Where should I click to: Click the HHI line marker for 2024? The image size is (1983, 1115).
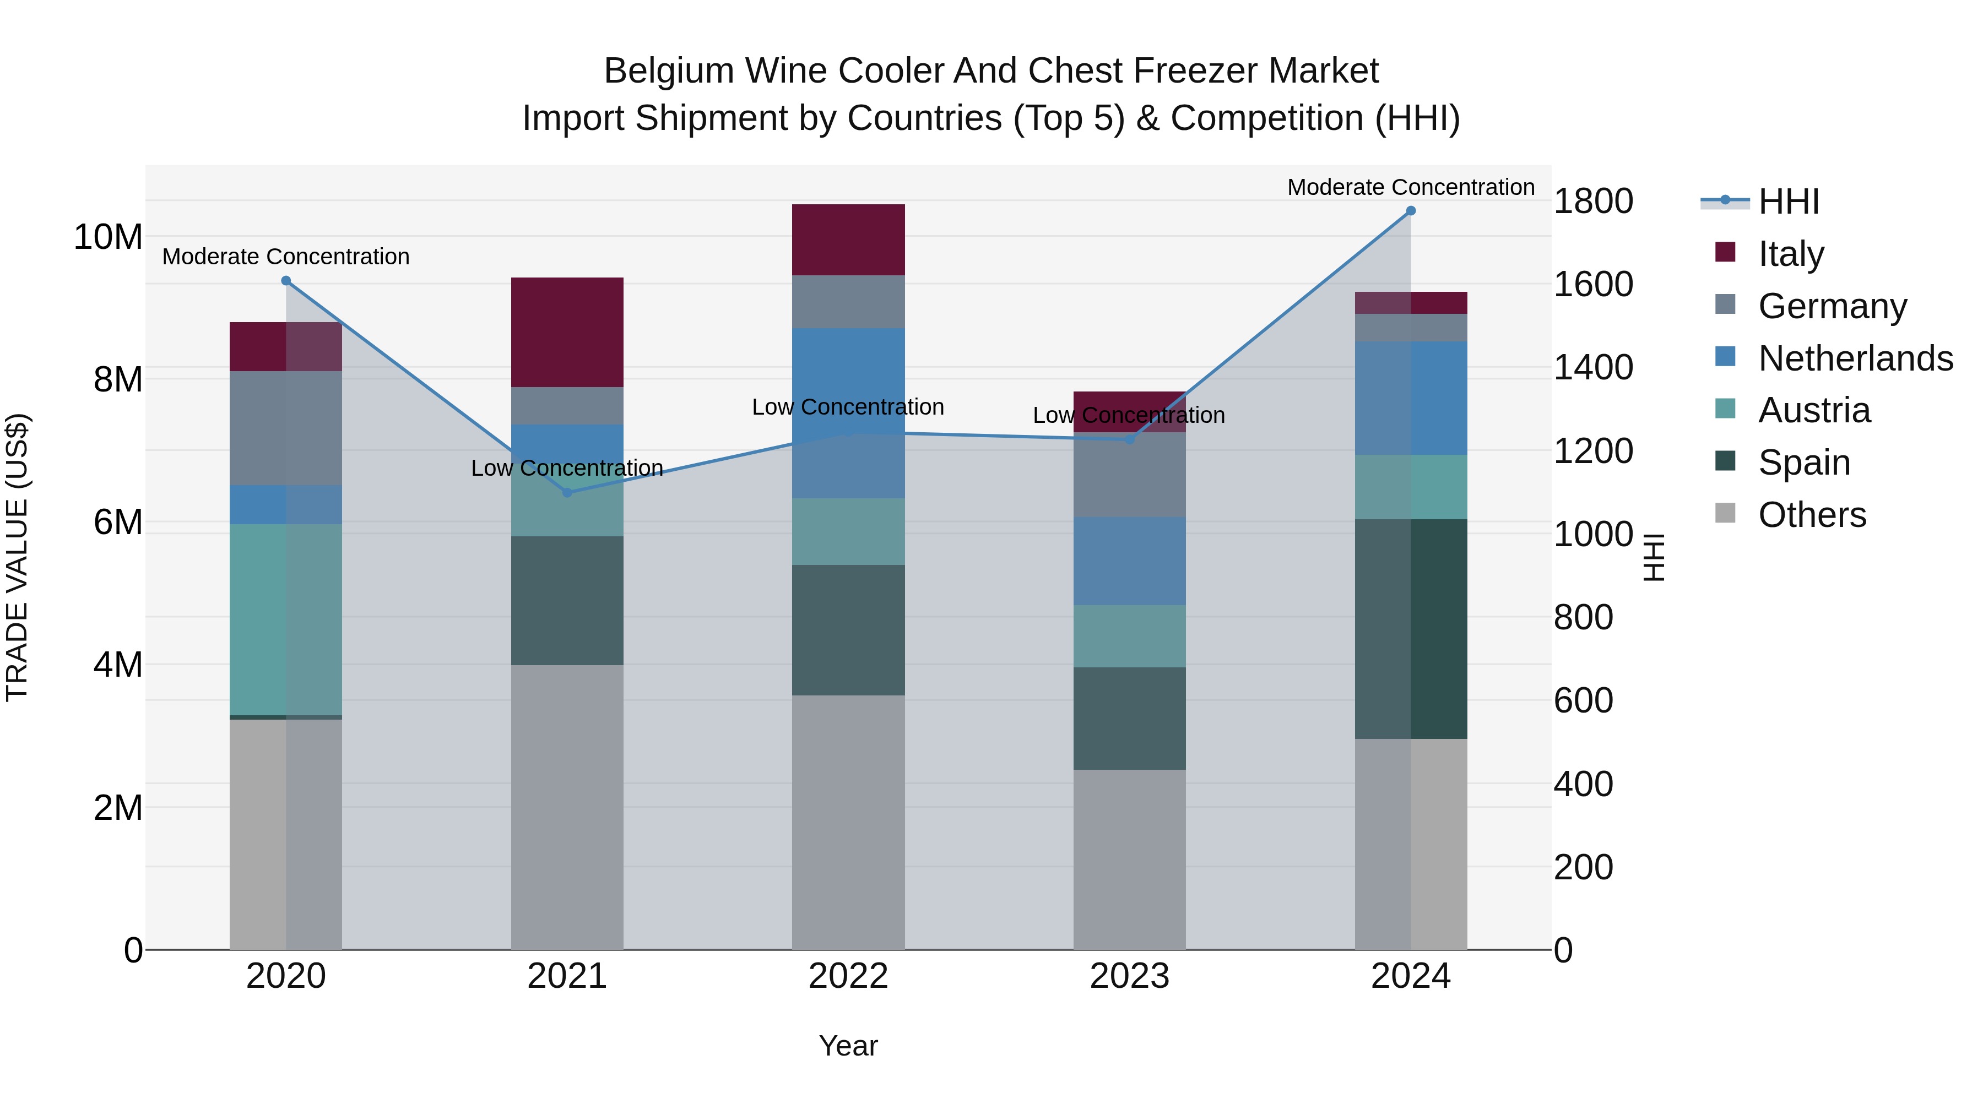point(1410,211)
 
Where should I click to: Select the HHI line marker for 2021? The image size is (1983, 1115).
point(567,492)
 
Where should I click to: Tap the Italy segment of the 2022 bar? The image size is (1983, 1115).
point(848,240)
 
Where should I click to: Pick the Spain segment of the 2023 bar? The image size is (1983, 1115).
point(1129,718)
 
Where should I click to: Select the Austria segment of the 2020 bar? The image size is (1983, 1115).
point(285,619)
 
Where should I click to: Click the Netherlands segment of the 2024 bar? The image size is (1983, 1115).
point(1410,398)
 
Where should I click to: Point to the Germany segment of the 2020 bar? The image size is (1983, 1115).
point(285,428)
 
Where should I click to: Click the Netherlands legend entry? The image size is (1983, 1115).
point(1855,358)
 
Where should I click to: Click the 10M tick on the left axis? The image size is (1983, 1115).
point(108,237)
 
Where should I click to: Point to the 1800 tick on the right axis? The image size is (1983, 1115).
point(1592,201)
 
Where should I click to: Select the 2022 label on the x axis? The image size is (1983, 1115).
point(848,976)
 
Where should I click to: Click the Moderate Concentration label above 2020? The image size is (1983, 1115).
point(285,256)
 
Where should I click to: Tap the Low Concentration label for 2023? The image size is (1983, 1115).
point(1129,416)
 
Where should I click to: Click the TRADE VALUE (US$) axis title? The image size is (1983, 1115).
point(17,557)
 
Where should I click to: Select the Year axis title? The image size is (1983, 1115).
point(848,1046)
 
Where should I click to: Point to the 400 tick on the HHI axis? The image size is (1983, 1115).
point(1583,784)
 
